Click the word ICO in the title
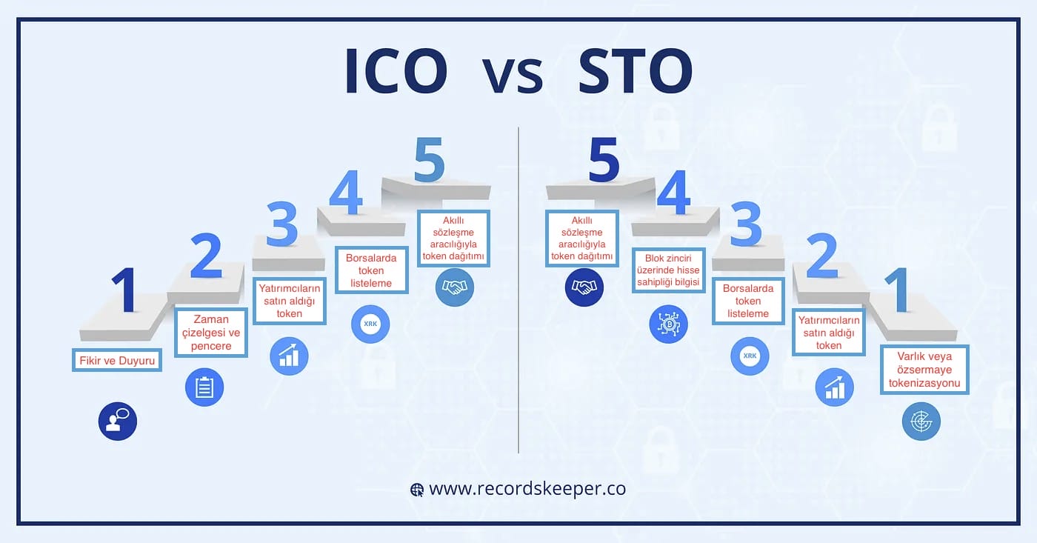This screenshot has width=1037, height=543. click(396, 72)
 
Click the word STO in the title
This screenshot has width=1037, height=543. click(636, 72)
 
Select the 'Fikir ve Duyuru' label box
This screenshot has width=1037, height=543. click(116, 361)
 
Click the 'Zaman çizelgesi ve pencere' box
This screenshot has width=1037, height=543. click(211, 333)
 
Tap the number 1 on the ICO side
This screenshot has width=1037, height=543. click(124, 290)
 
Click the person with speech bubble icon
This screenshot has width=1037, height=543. click(118, 422)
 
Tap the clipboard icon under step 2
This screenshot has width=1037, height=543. click(204, 387)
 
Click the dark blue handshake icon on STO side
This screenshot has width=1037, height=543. click(584, 287)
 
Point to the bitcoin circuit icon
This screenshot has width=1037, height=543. click(668, 324)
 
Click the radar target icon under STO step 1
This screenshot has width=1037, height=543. click(921, 422)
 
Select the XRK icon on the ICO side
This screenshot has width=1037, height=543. click(370, 324)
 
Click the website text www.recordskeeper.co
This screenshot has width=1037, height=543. click(527, 489)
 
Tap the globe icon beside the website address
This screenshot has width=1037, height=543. click(418, 490)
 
